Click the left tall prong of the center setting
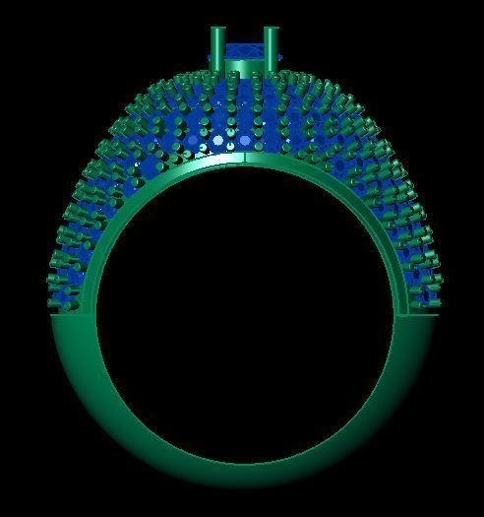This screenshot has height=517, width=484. [216, 47]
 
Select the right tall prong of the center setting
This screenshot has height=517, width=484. [272, 47]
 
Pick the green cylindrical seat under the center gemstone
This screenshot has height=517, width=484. [244, 67]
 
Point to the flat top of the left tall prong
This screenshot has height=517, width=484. [216, 30]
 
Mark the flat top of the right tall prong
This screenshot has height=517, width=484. [272, 30]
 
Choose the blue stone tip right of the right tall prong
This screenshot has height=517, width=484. [281, 59]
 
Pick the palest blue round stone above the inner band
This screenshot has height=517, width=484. [218, 142]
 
